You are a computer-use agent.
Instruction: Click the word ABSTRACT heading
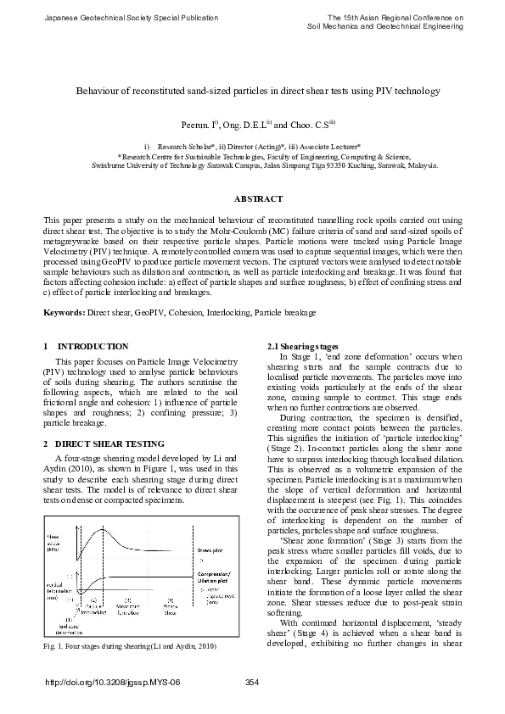pyautogui.click(x=258, y=199)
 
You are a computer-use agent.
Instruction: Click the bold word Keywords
pyautogui.click(x=65, y=313)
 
